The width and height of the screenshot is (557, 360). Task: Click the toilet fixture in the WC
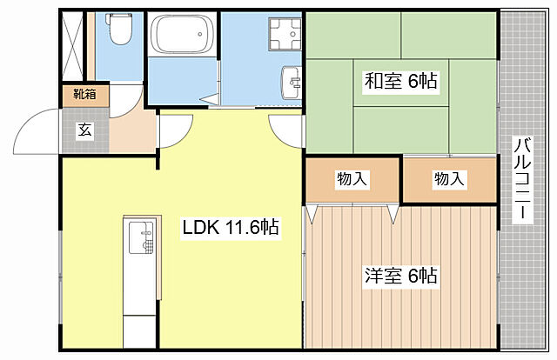120,32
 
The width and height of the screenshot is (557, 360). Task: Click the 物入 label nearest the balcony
448,179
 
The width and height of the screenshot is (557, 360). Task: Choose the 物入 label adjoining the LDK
352,179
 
